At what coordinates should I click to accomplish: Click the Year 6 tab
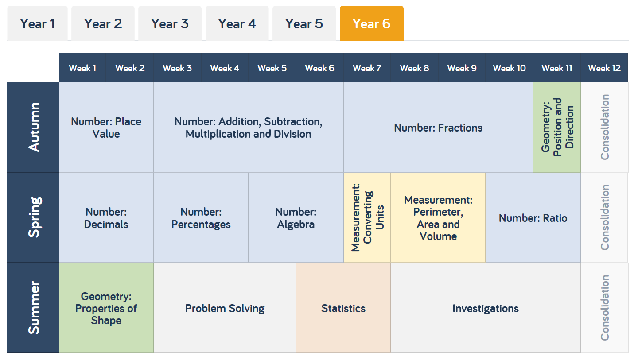click(x=371, y=23)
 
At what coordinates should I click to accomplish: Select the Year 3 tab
click(x=170, y=23)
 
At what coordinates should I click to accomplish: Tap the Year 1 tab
click(x=38, y=23)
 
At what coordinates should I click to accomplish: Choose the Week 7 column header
click(x=367, y=68)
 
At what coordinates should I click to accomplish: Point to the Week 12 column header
click(x=604, y=68)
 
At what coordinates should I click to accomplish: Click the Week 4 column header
click(x=225, y=68)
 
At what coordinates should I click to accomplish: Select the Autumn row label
click(x=33, y=128)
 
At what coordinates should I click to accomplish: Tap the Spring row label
click(x=33, y=217)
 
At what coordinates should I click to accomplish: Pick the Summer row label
click(x=33, y=308)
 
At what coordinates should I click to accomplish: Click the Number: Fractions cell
click(x=438, y=128)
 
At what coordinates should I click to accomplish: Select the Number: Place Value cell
click(x=106, y=128)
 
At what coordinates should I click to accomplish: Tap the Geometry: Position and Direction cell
click(x=557, y=128)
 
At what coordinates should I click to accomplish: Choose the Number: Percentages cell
click(x=201, y=218)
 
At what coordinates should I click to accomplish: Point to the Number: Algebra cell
click(x=296, y=218)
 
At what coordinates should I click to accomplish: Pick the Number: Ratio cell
click(x=533, y=218)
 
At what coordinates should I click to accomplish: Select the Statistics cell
click(x=343, y=308)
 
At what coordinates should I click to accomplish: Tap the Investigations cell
click(x=486, y=308)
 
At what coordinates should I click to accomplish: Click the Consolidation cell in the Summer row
click(x=604, y=308)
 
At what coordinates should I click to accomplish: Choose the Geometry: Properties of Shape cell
click(x=106, y=308)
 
